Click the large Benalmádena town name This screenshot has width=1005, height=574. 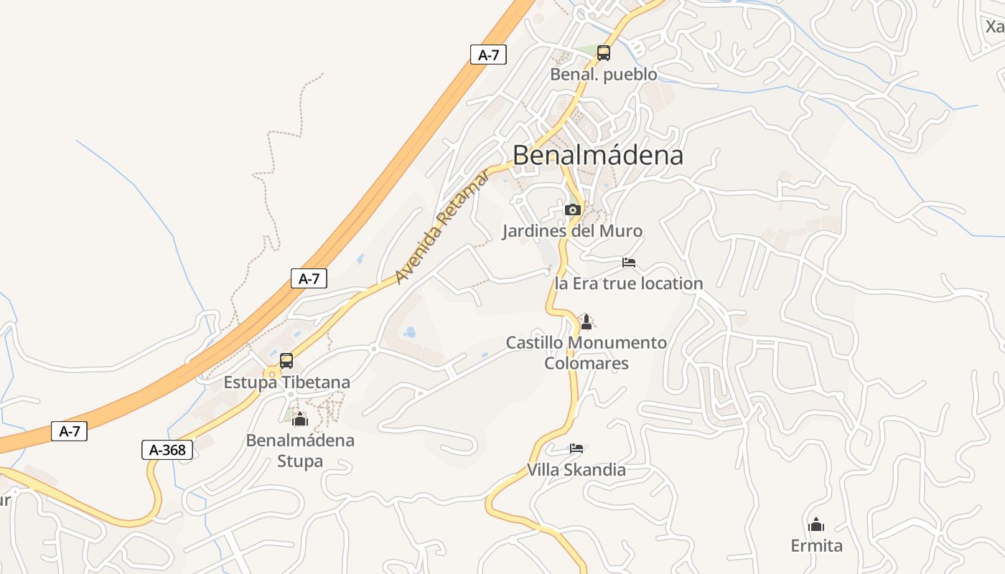(598, 155)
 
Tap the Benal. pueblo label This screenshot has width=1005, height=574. (603, 74)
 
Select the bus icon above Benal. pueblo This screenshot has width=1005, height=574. (604, 52)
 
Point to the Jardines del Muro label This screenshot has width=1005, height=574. (572, 231)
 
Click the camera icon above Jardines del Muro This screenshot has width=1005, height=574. (573, 210)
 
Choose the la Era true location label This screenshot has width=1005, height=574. (629, 283)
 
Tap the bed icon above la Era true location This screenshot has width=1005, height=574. (629, 262)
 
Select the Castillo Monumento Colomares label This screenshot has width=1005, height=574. (586, 352)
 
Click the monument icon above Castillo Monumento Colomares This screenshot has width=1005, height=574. (586, 321)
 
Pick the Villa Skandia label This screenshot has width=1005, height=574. (576, 470)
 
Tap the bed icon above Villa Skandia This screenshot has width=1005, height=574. (576, 448)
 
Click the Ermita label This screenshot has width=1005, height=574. (816, 545)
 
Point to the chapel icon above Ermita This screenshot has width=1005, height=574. (816, 524)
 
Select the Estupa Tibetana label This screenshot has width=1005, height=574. (286, 382)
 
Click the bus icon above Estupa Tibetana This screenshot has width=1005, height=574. (286, 360)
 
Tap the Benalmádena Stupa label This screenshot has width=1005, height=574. (300, 450)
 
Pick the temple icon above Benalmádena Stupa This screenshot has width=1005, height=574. (300, 419)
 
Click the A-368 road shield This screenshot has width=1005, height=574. (167, 450)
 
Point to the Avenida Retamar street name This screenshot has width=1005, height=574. (442, 227)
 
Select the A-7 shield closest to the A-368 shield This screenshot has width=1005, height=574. (70, 431)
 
